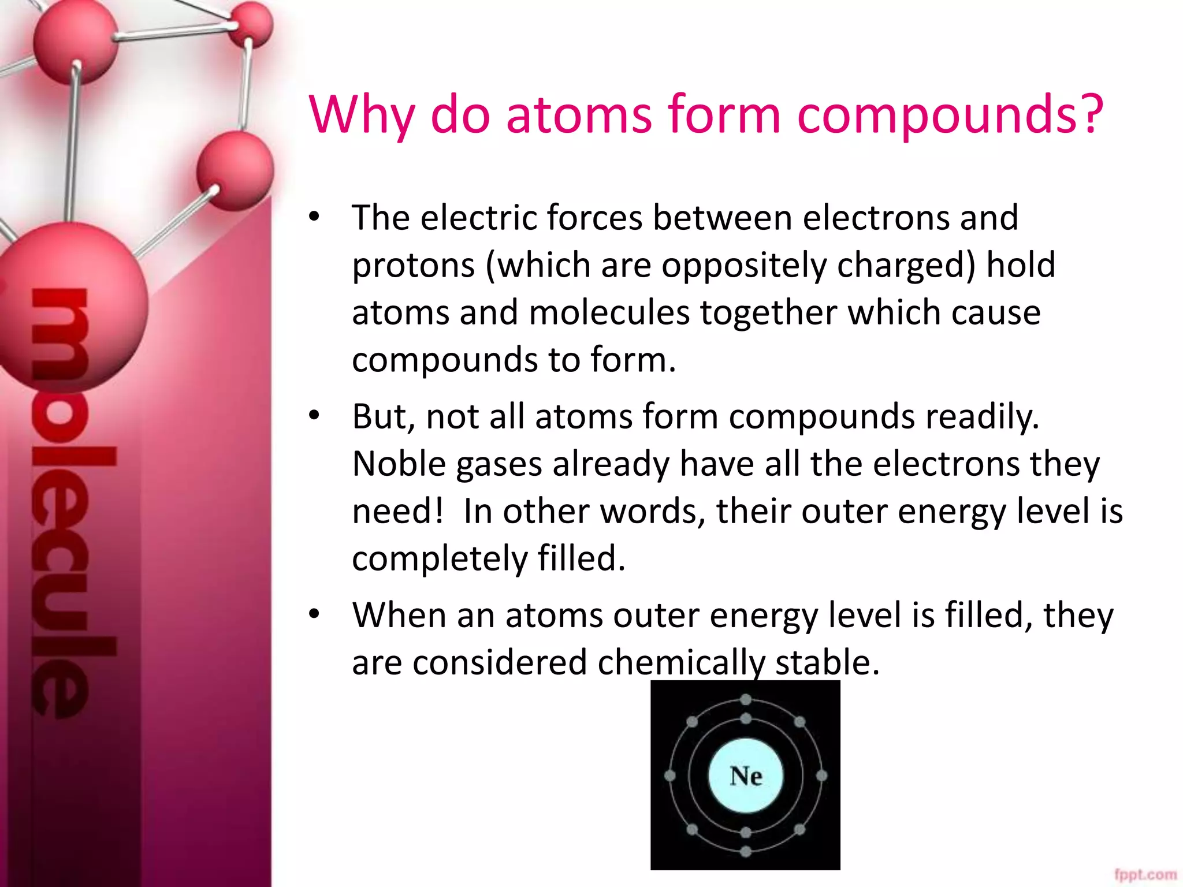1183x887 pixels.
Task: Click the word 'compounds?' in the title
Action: (x=950, y=115)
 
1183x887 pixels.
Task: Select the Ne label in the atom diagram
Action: (x=746, y=776)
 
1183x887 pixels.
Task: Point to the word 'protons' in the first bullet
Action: (x=413, y=266)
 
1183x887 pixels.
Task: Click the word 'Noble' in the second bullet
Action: (x=399, y=464)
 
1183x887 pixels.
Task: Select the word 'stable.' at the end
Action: (x=827, y=662)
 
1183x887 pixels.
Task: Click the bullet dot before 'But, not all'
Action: (x=314, y=415)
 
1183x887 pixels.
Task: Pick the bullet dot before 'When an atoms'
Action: (x=314, y=614)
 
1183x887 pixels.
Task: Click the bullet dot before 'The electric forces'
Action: (x=314, y=217)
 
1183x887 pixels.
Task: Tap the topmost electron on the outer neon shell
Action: (x=746, y=700)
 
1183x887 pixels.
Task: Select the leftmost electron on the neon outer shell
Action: (x=670, y=776)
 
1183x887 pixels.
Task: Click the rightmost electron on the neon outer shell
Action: (x=821, y=776)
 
